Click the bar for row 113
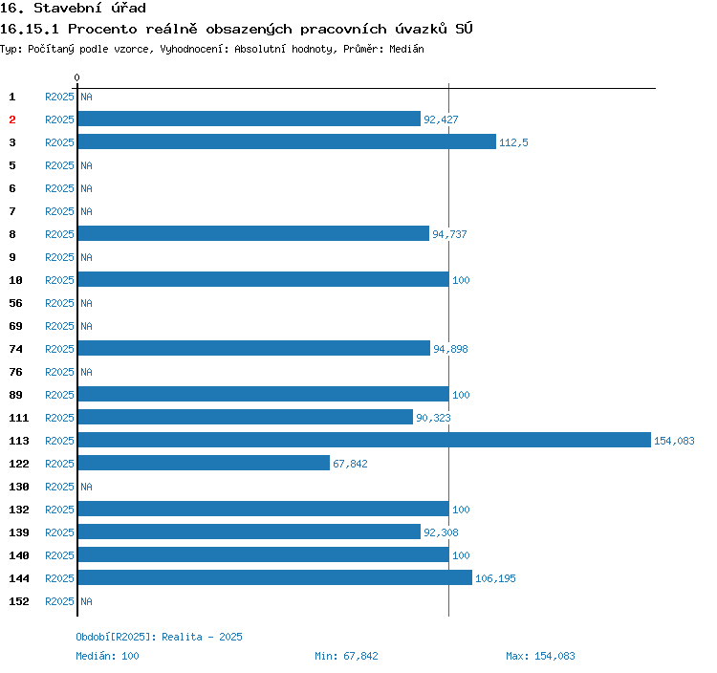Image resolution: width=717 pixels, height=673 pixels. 363,440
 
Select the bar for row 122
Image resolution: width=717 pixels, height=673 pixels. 204,463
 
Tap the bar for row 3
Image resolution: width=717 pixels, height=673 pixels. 287,141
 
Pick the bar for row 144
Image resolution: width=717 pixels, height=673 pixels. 274,577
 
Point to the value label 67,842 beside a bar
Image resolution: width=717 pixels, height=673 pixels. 350,464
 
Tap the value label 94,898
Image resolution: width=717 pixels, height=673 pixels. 450,349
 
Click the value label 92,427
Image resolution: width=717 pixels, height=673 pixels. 441,119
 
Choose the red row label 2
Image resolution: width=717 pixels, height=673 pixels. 12,119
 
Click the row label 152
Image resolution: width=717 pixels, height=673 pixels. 19,601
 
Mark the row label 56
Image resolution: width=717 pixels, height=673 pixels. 15,303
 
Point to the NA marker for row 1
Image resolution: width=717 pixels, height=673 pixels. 86,97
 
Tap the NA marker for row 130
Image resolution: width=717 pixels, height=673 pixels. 86,487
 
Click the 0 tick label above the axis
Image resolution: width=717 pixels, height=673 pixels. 77,77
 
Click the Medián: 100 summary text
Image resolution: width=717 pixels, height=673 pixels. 107,656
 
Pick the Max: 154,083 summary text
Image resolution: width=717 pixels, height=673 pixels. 540,656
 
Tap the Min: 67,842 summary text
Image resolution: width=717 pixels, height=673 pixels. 346,656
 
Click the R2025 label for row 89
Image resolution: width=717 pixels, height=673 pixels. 59,395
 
